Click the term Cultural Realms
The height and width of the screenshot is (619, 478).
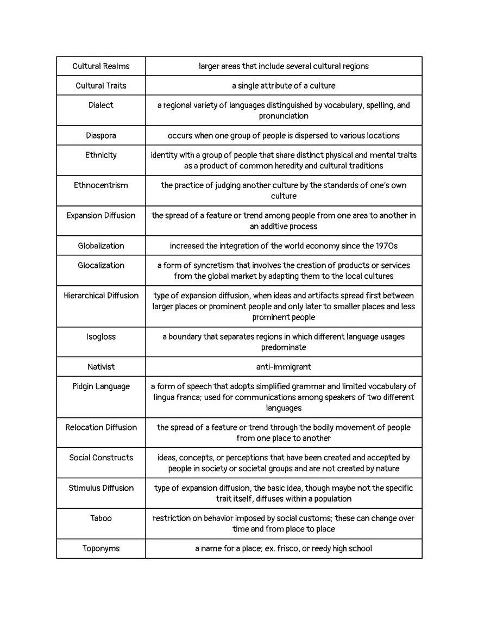pyautogui.click(x=101, y=66)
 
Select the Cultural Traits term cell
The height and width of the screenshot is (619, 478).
pyautogui.click(x=101, y=86)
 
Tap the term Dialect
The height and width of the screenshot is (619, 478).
pyautogui.click(x=101, y=105)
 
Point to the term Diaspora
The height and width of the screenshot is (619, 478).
pyautogui.click(x=101, y=135)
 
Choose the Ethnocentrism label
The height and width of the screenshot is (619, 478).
pyautogui.click(x=101, y=185)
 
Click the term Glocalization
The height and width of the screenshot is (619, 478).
pyautogui.click(x=101, y=265)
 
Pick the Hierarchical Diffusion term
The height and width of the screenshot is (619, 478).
pyautogui.click(x=101, y=296)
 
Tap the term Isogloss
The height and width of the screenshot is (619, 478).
pyautogui.click(x=101, y=337)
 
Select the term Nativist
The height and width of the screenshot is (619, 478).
pyautogui.click(x=101, y=367)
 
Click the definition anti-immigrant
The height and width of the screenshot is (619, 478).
pyautogui.click(x=284, y=367)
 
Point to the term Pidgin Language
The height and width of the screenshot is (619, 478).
pyautogui.click(x=101, y=386)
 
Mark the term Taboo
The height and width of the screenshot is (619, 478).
pyautogui.click(x=101, y=518)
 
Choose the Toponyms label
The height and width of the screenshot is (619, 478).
pyautogui.click(x=101, y=548)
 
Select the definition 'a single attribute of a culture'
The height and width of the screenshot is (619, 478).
pyautogui.click(x=284, y=86)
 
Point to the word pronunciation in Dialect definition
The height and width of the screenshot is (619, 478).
pyautogui.click(x=284, y=116)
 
